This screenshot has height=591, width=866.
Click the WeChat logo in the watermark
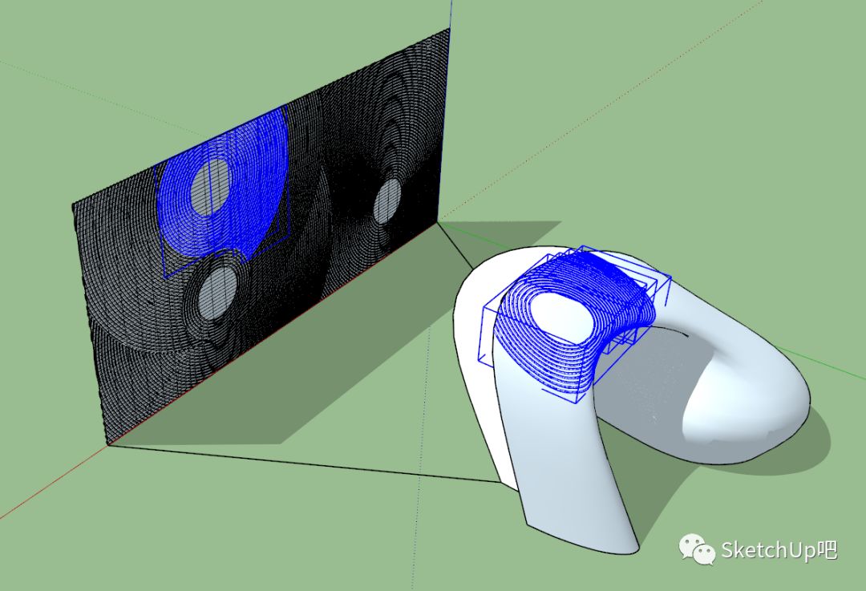point(697,549)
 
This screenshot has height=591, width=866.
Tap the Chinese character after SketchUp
point(828,549)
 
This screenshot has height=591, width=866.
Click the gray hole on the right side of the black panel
point(386,201)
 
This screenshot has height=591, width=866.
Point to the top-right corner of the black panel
point(450,28)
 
